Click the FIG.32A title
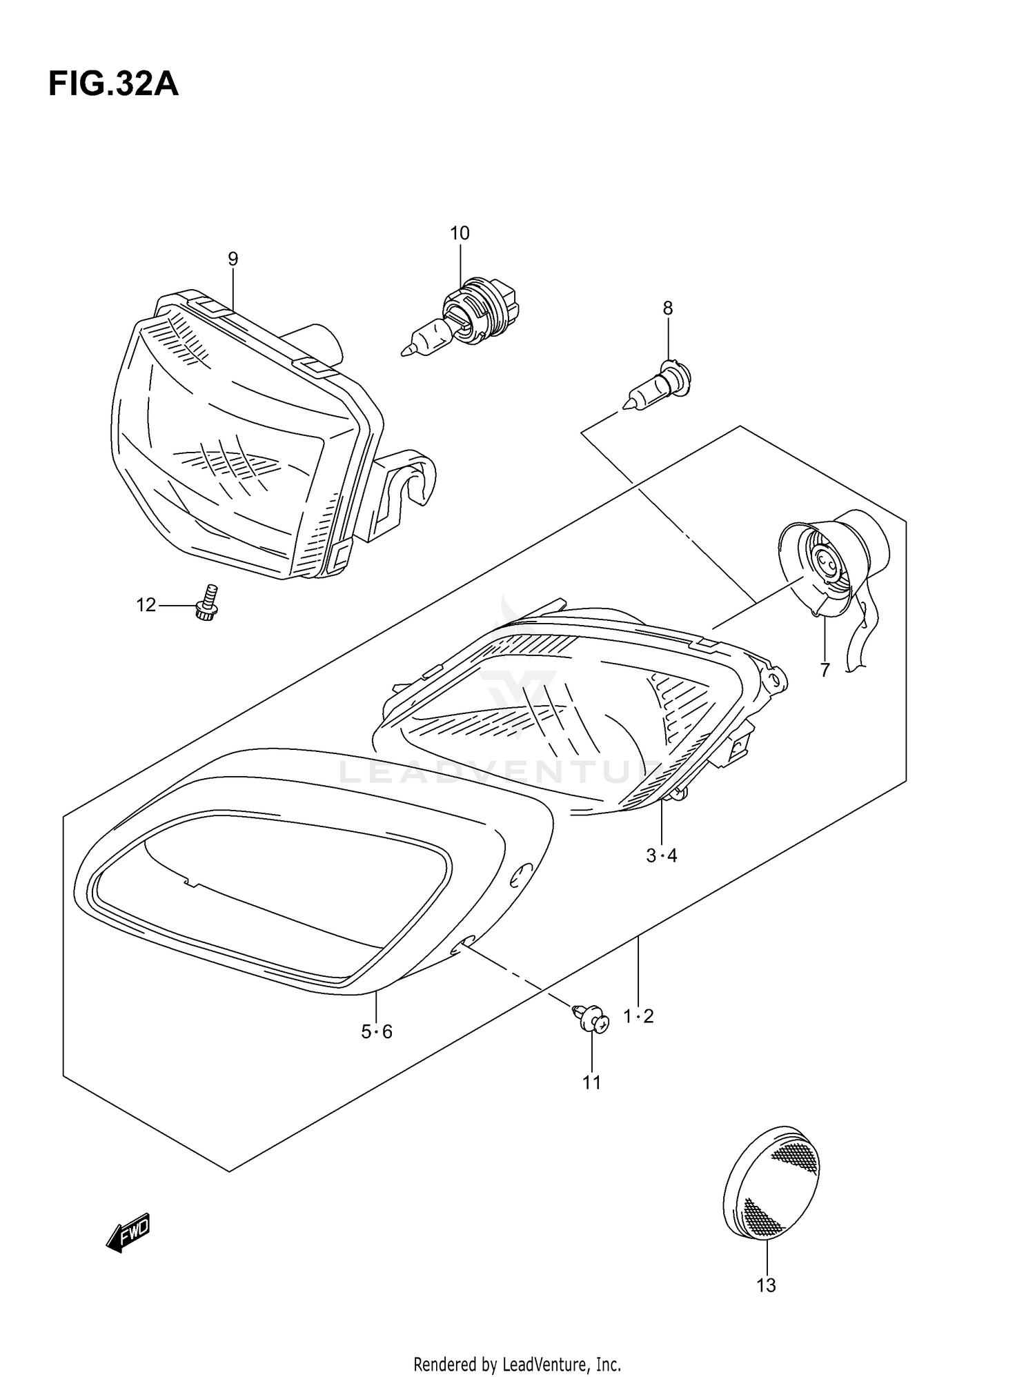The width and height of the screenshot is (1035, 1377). [x=113, y=84]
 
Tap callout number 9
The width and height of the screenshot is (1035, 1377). [x=233, y=259]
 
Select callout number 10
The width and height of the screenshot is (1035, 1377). [x=460, y=233]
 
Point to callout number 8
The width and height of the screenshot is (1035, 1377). [x=667, y=308]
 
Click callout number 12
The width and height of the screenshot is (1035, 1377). [x=146, y=606]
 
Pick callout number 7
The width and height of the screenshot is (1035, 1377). [x=825, y=669]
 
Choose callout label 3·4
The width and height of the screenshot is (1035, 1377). [x=662, y=855]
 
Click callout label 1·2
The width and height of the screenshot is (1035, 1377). [x=638, y=1016]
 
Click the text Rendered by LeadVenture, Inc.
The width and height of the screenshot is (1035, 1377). [x=517, y=1364]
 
